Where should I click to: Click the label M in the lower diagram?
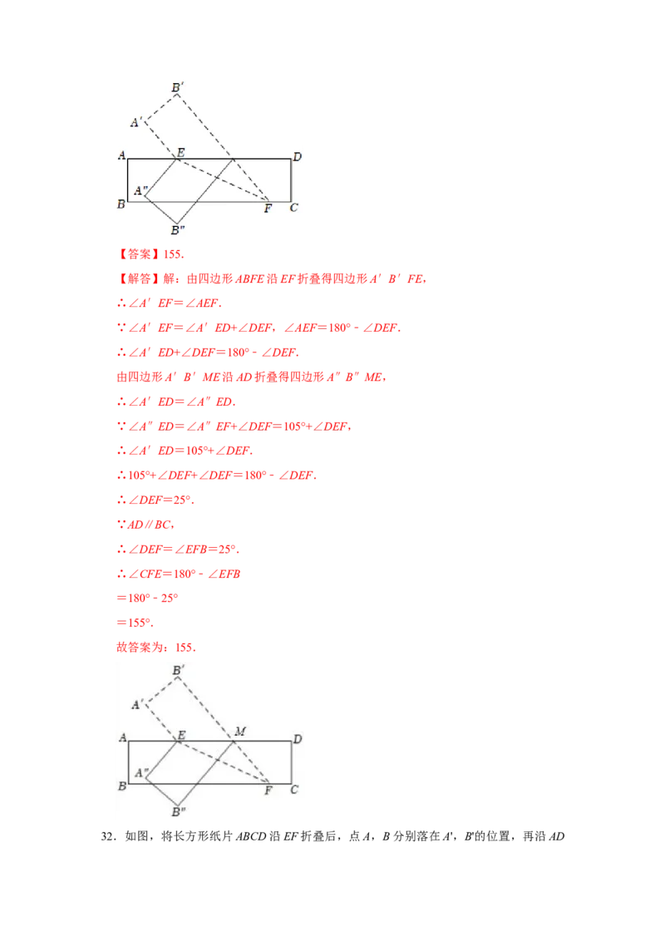pos(240,731)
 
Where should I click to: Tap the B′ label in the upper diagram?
pos(177,87)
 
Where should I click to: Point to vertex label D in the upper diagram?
pos(297,156)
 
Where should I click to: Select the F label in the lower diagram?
pos(268,791)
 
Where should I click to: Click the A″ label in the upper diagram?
pos(141,190)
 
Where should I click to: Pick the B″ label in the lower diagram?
pos(178,812)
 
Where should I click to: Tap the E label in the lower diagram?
pos(181,735)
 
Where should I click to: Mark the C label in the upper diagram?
pos(293,208)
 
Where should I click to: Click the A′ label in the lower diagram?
pos(137,704)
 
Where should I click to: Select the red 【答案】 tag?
pos(140,254)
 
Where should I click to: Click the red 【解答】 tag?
pos(140,278)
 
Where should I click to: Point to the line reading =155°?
pos(135,623)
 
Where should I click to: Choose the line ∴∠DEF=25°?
pos(155,500)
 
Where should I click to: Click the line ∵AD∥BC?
pos(145,525)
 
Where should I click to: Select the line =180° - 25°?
pos(147,598)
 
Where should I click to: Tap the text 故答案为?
pos(140,647)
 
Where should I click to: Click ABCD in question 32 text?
pos(251,836)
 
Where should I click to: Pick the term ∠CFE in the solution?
pos(145,574)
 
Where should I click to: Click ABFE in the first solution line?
pos(249,278)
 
